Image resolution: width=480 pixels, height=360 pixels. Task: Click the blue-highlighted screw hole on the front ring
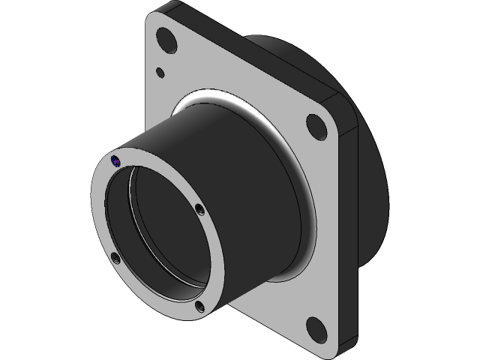coord(115,160)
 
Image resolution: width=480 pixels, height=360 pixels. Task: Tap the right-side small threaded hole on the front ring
coord(199,209)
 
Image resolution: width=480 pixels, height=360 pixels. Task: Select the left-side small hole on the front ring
coord(115,259)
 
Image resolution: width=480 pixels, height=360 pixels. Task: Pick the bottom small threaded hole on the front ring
coord(200,305)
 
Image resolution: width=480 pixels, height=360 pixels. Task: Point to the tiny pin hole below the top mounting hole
coord(160,73)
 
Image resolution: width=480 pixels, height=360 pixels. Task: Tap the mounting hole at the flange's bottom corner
coord(316,328)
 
